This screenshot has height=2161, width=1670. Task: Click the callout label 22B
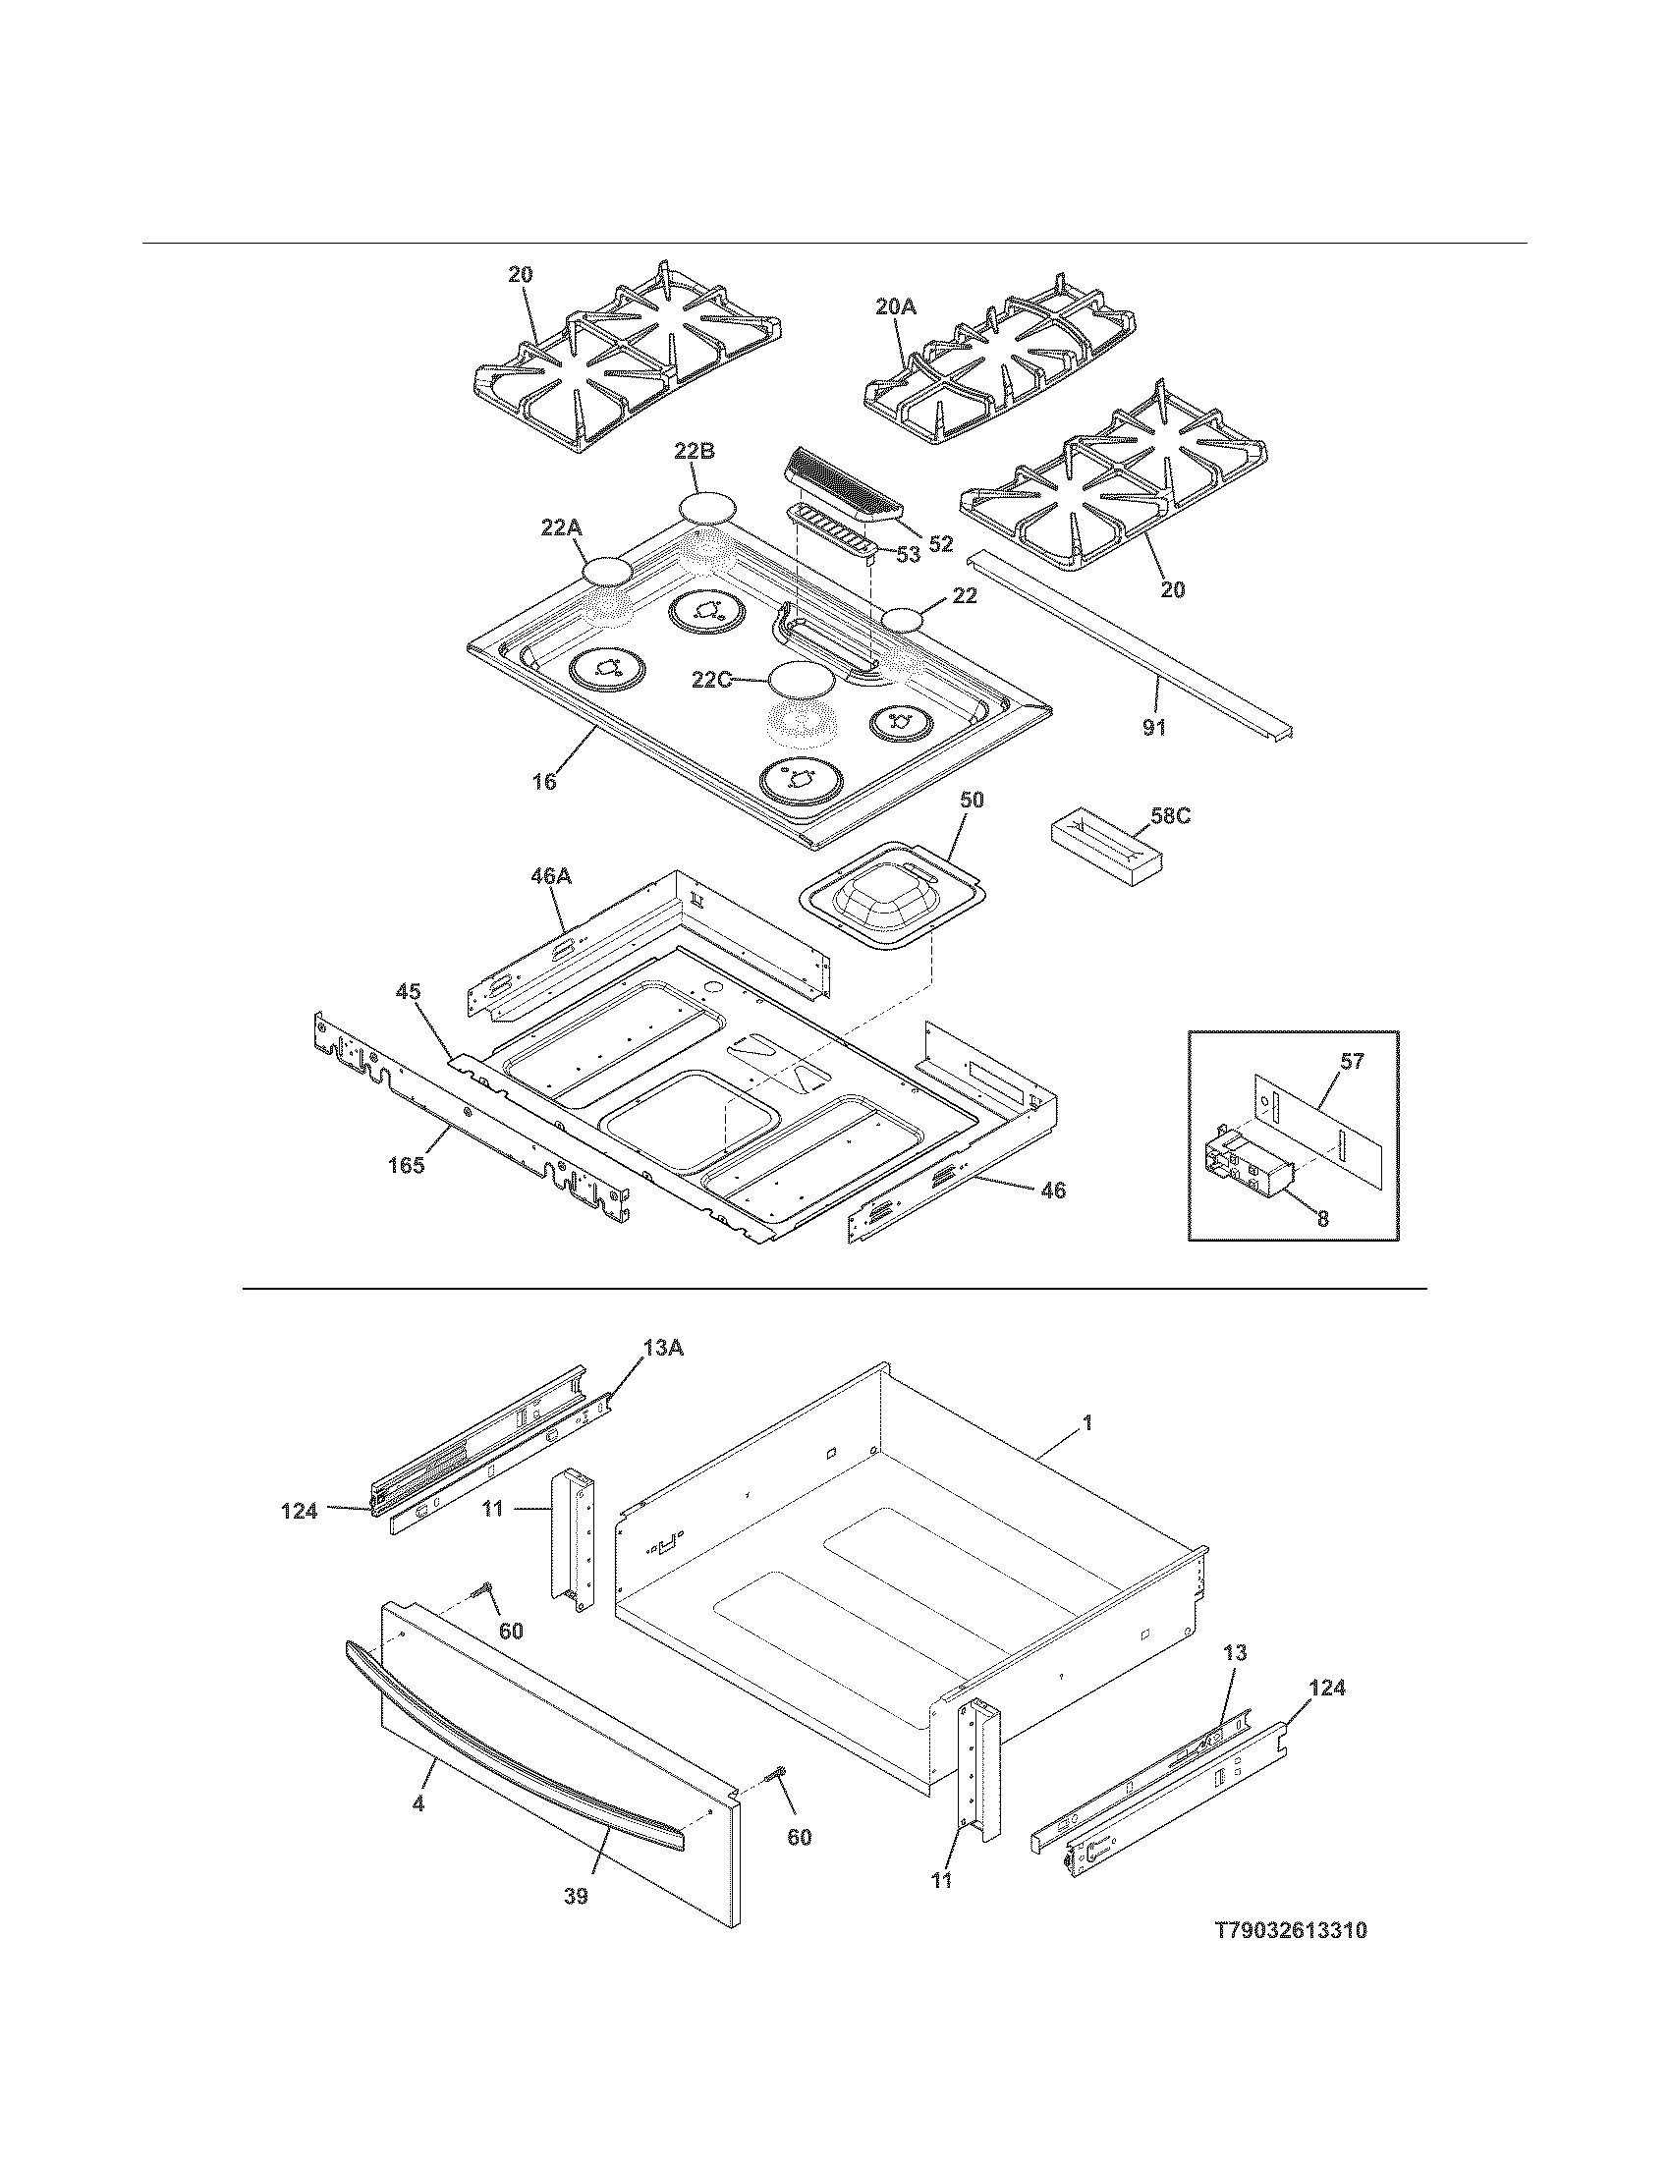point(694,452)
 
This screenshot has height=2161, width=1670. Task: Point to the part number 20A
point(895,307)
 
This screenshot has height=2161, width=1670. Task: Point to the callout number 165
point(405,1166)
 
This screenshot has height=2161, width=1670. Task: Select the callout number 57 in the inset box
point(1351,1062)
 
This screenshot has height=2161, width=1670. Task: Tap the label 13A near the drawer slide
point(662,1347)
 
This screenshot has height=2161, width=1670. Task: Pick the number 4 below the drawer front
point(418,1804)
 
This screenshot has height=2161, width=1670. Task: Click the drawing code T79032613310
point(1291,1929)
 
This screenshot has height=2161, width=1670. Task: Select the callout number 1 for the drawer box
point(1086,1423)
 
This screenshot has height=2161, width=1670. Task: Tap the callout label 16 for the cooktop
point(544,783)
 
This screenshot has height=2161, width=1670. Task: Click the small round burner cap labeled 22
point(909,621)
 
